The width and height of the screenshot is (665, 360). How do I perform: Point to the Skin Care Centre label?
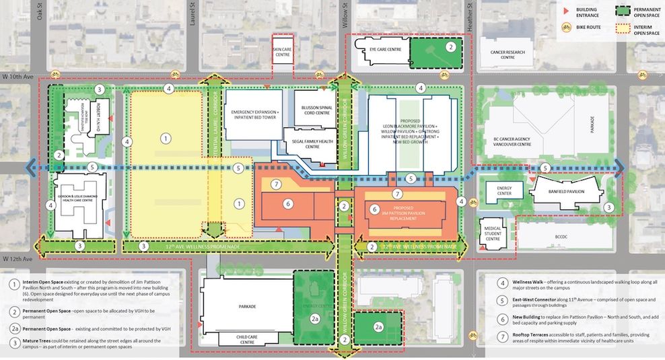pyautogui.click(x=282, y=52)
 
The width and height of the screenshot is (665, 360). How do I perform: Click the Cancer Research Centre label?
pyautogui.click(x=508, y=55)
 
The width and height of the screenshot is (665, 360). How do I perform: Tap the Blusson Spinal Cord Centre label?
pyautogui.click(x=315, y=110)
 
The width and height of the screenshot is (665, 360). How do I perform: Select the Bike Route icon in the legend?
pyautogui.click(x=567, y=28)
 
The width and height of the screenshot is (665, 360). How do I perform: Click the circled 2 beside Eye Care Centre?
pyautogui.click(x=451, y=47)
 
